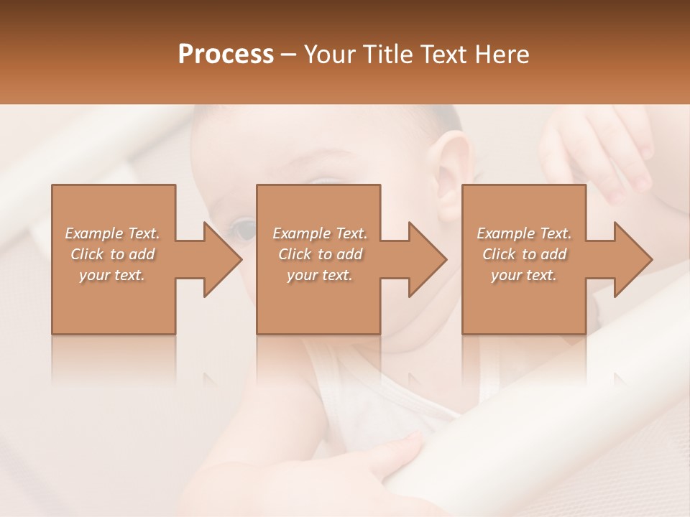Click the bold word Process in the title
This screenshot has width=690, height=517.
(x=226, y=55)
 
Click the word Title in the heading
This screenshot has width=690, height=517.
(x=384, y=55)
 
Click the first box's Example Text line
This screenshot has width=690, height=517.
(x=113, y=233)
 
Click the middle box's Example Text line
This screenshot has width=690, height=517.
(x=320, y=233)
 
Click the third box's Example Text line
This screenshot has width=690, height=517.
(x=524, y=233)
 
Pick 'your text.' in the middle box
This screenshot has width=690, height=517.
(x=319, y=275)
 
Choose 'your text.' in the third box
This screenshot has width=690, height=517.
(x=523, y=275)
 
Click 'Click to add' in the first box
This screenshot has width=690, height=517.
(x=113, y=254)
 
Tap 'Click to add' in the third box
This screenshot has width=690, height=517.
(x=525, y=254)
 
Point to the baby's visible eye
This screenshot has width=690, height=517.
(x=243, y=230)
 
